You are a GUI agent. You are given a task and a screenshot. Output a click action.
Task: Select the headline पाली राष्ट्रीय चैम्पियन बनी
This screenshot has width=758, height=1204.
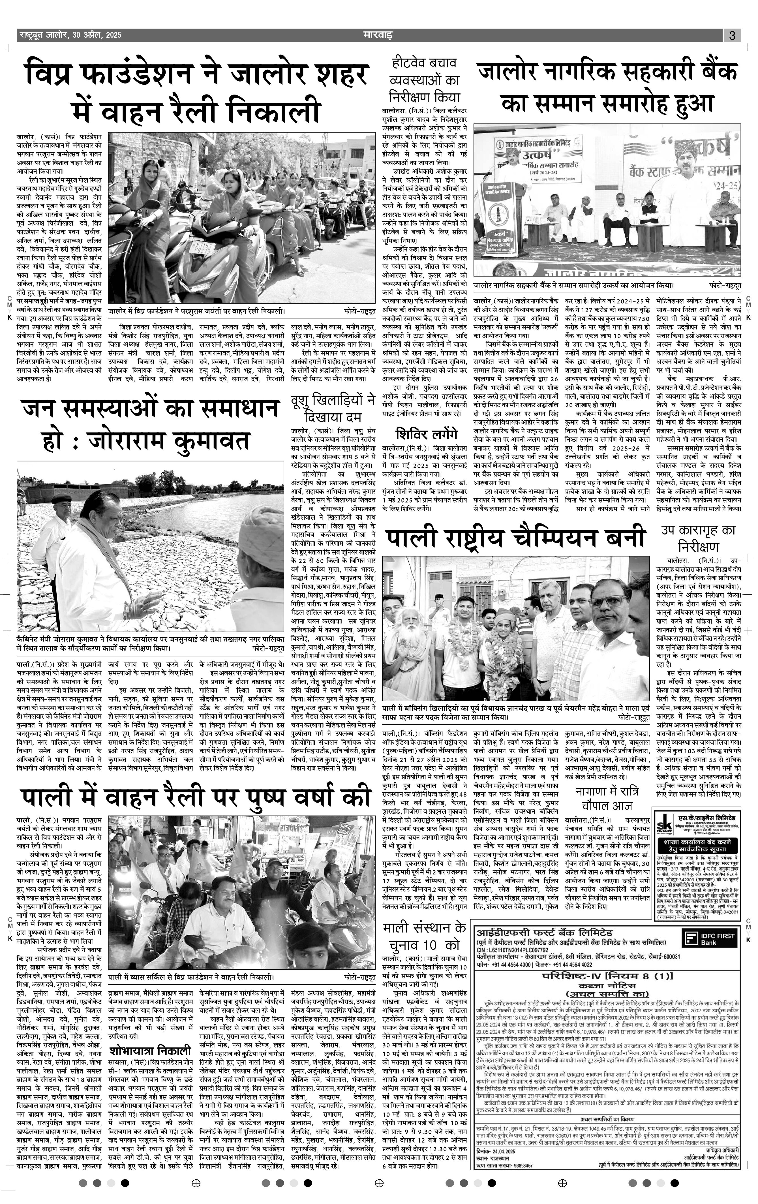click(515, 539)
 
